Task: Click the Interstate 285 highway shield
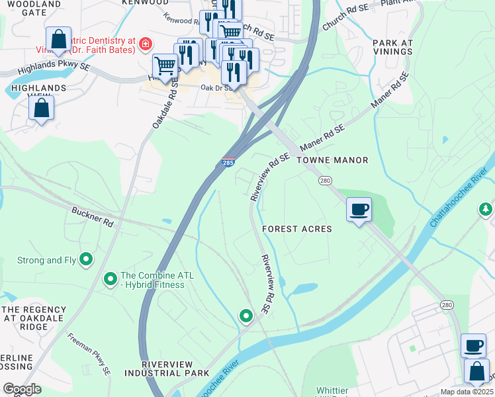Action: coord(227,163)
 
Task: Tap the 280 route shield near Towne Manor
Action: coord(324,181)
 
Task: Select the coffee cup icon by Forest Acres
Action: coord(359,210)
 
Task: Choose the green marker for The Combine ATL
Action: coord(111,281)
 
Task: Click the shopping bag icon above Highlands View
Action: coord(41,109)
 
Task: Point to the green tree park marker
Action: coord(486,209)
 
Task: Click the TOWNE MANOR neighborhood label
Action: coord(332,161)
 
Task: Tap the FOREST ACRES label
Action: coord(296,229)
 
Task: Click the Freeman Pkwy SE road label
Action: coord(89,354)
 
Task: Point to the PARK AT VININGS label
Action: coord(392,48)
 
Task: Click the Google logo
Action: coord(22,389)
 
